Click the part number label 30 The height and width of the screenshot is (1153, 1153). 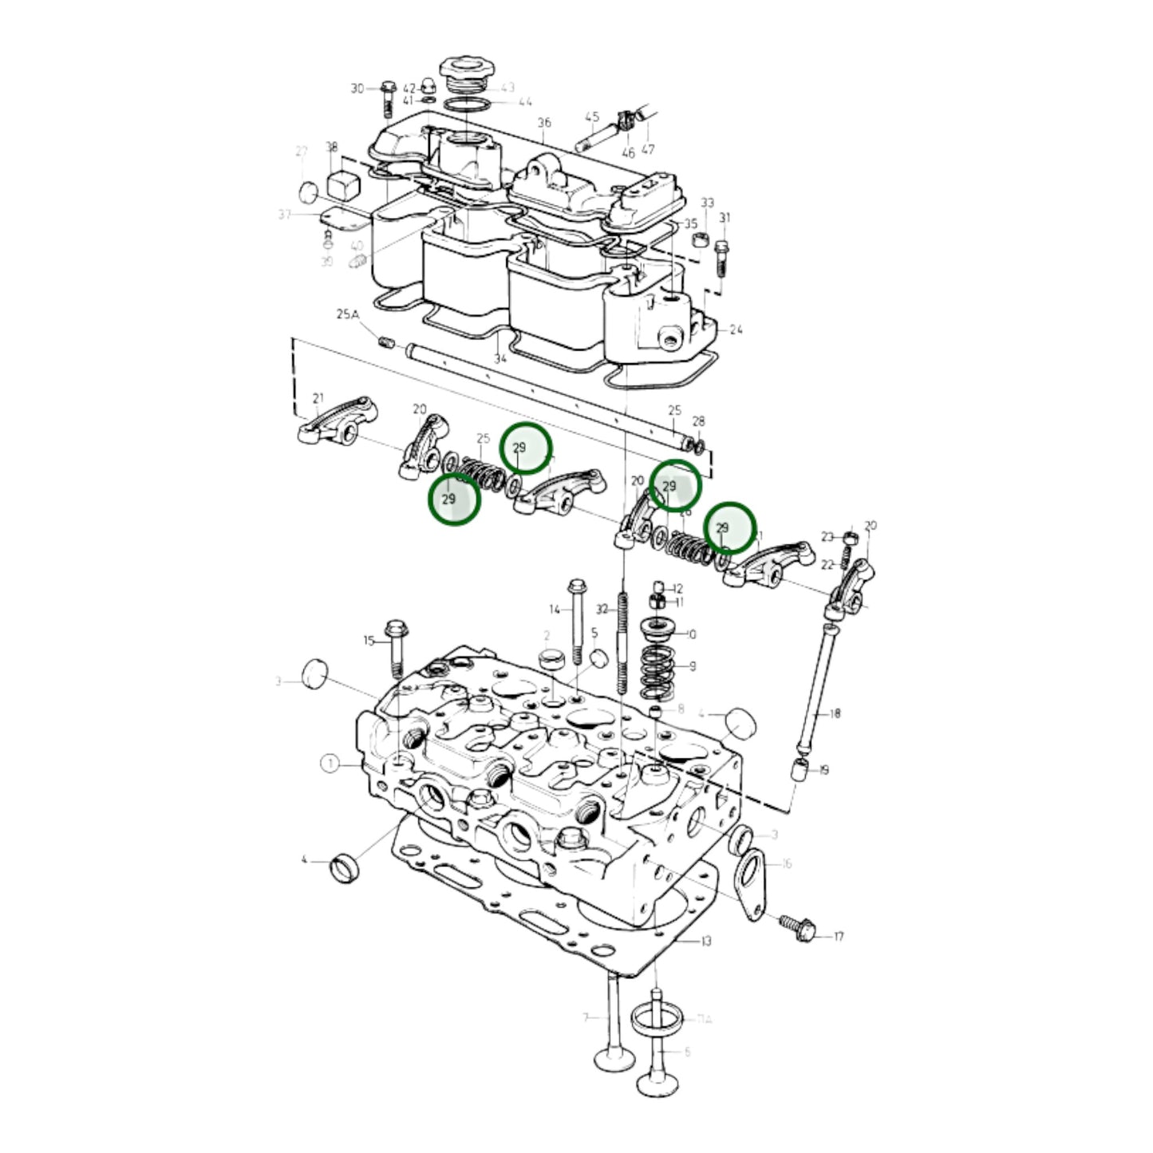click(x=357, y=89)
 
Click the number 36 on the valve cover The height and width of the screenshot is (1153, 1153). click(x=544, y=123)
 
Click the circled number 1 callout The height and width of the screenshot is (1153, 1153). click(x=330, y=764)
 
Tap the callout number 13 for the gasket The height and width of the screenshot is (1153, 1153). click(x=705, y=942)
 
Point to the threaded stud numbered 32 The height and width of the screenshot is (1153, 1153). click(x=622, y=646)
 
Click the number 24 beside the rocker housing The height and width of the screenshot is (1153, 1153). click(x=736, y=329)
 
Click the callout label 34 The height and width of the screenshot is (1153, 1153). click(x=500, y=359)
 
